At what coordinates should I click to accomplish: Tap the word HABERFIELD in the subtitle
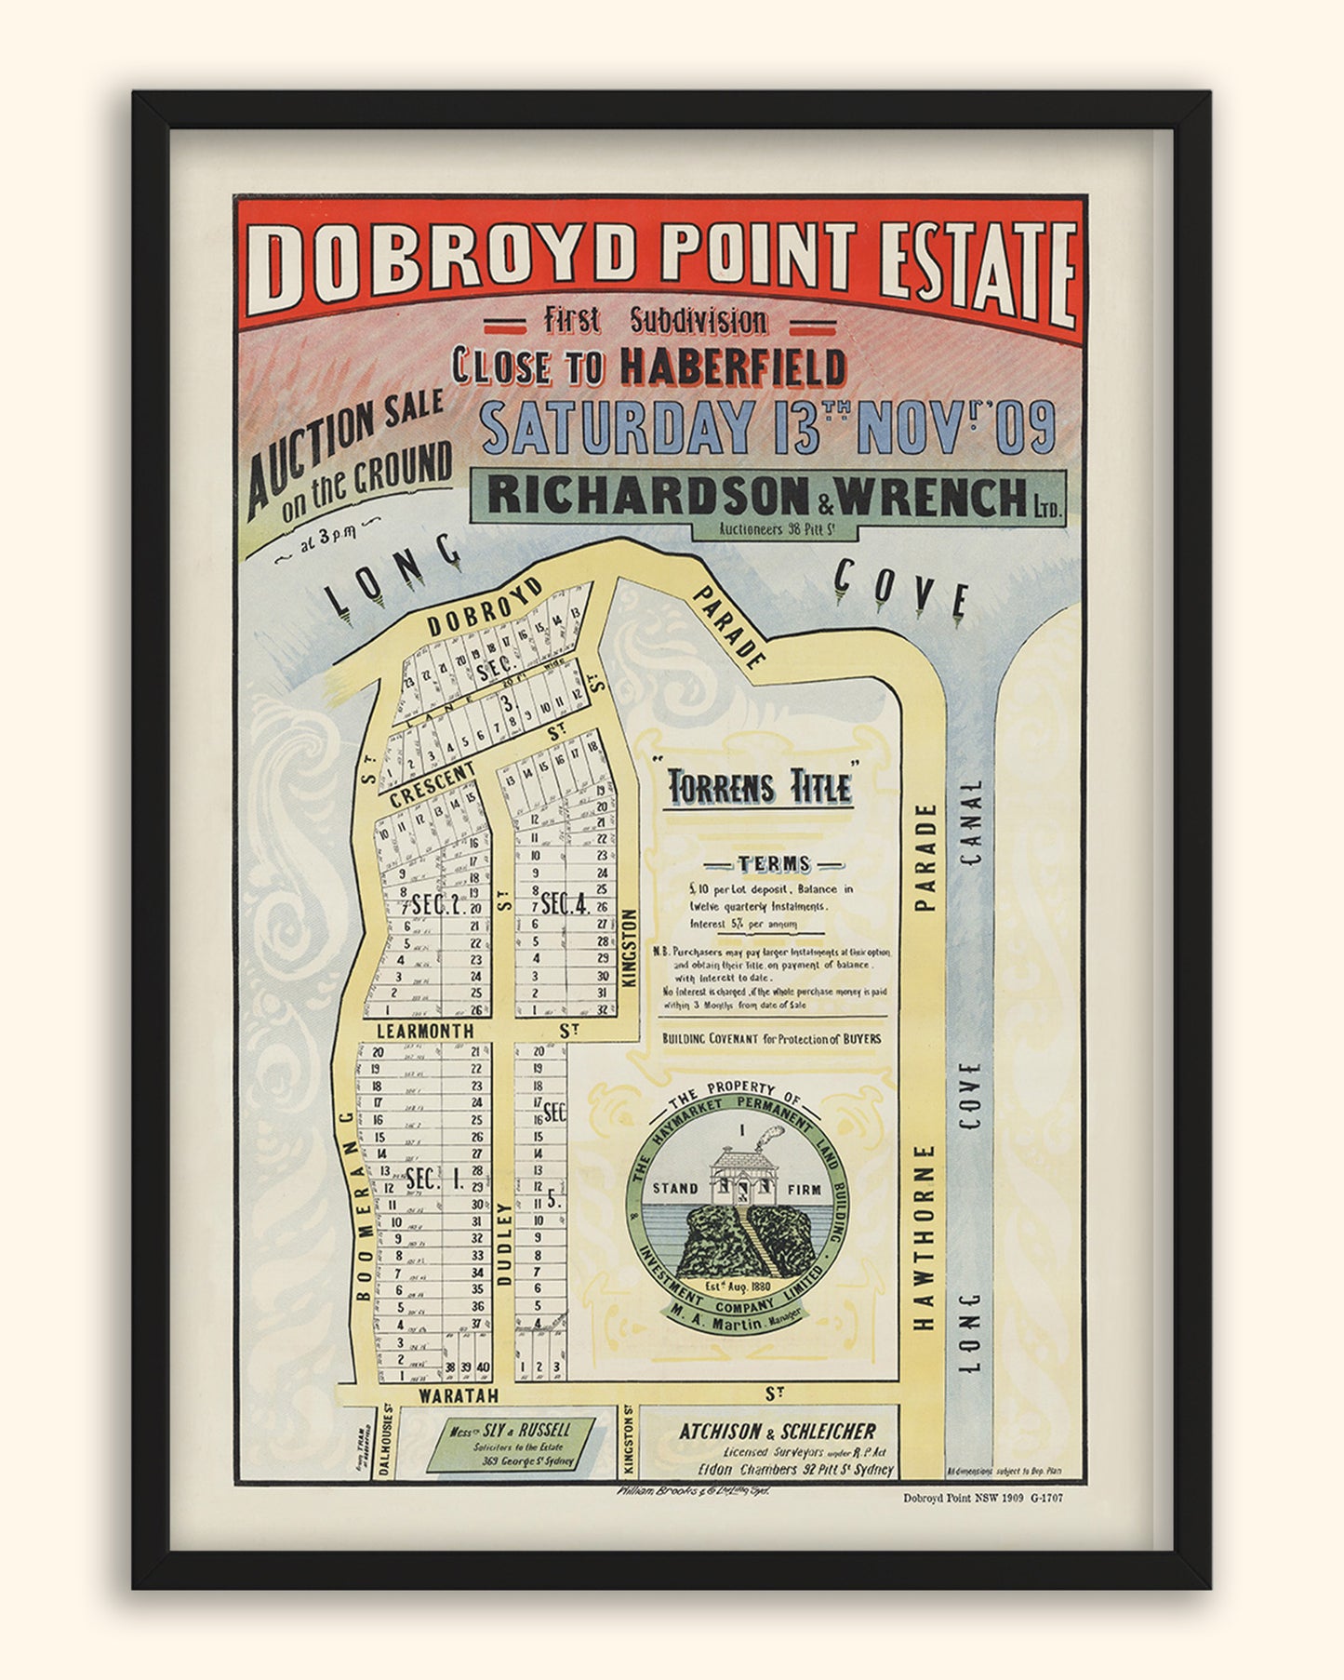(x=733, y=366)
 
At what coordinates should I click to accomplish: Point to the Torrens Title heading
(x=760, y=788)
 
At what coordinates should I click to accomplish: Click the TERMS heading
(x=773, y=863)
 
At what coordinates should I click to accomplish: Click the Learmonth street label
(x=425, y=1031)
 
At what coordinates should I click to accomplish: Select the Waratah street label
(x=458, y=1395)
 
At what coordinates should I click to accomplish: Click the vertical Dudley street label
(x=505, y=1244)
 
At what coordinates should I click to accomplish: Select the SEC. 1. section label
(x=433, y=1179)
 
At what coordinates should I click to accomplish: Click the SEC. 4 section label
(x=565, y=902)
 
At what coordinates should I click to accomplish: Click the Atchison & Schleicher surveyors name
(x=777, y=1432)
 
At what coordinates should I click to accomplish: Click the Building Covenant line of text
(x=771, y=1038)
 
